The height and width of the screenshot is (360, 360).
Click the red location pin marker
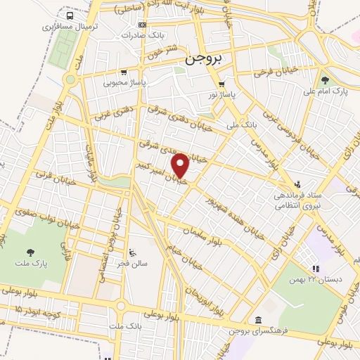181,166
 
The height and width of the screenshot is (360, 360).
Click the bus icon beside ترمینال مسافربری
70,15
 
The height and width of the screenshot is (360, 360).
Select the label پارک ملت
30,262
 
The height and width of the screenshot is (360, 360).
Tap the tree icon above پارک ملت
30,251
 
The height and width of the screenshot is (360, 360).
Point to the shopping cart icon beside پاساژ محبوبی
124,72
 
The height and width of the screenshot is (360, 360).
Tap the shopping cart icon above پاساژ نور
221,83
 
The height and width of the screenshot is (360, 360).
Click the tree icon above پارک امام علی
325,80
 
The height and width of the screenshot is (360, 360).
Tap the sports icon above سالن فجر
131,252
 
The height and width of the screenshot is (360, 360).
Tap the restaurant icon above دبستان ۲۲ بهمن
316,269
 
